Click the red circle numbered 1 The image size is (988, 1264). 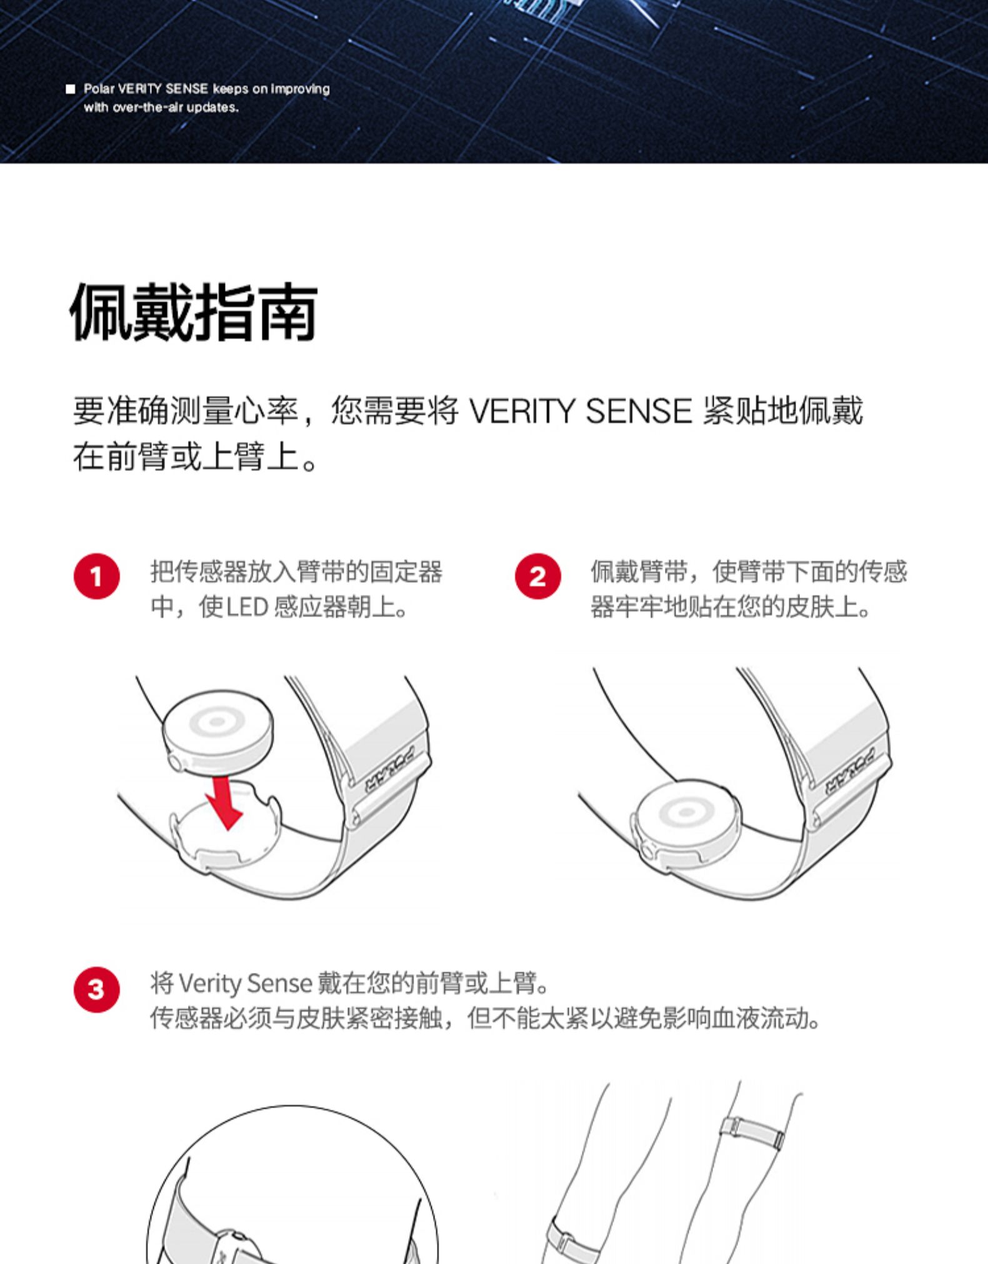pos(96,576)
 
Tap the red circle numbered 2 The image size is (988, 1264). pos(537,576)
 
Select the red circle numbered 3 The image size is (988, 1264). pos(96,989)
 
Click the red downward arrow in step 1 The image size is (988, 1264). pos(225,802)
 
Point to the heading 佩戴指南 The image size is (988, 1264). pos(194,312)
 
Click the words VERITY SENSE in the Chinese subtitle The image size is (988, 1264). pos(581,411)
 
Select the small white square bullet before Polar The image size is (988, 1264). pos(71,89)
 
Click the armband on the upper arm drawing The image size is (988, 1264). pos(752,1130)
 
